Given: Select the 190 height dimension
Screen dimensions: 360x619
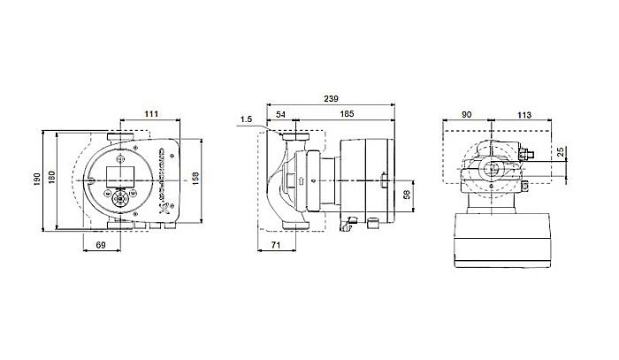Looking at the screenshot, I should pyautogui.click(x=38, y=180).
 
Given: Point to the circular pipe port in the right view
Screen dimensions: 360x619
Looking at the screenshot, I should pyautogui.click(x=492, y=166).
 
